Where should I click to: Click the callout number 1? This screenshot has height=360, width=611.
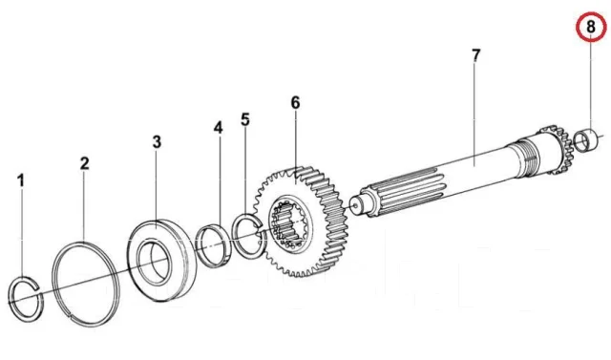tap(21, 180)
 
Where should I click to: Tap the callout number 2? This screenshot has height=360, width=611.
tap(85, 163)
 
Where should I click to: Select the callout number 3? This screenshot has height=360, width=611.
tap(157, 142)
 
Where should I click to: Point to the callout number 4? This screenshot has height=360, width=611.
tap(219, 127)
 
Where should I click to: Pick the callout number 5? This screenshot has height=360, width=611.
tap(245, 119)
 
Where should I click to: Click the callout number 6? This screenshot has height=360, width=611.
tap(295, 103)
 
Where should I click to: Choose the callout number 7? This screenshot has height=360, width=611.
tap(475, 55)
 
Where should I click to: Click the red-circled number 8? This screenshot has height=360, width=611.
tap(591, 27)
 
